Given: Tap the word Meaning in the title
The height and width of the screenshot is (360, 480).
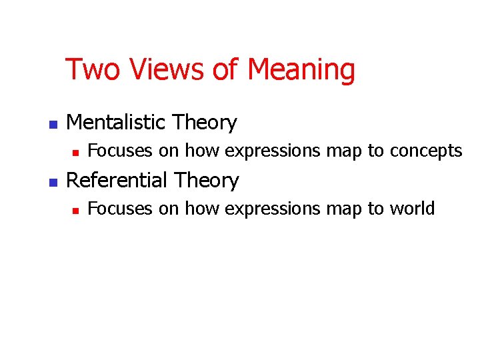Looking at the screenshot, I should point(301,70).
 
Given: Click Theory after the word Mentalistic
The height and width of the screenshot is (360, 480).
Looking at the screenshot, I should point(205,123).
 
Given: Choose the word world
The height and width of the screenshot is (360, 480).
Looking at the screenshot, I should point(411,209).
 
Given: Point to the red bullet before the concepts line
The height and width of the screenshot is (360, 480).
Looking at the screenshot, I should point(75,153).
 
